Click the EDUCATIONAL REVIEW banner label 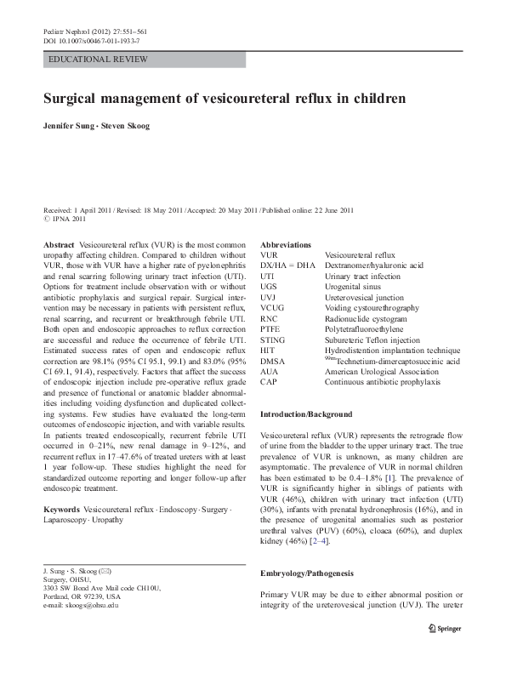99,60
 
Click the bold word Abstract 58,244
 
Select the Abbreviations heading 286,244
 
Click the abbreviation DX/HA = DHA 287,265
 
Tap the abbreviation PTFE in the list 270,328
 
